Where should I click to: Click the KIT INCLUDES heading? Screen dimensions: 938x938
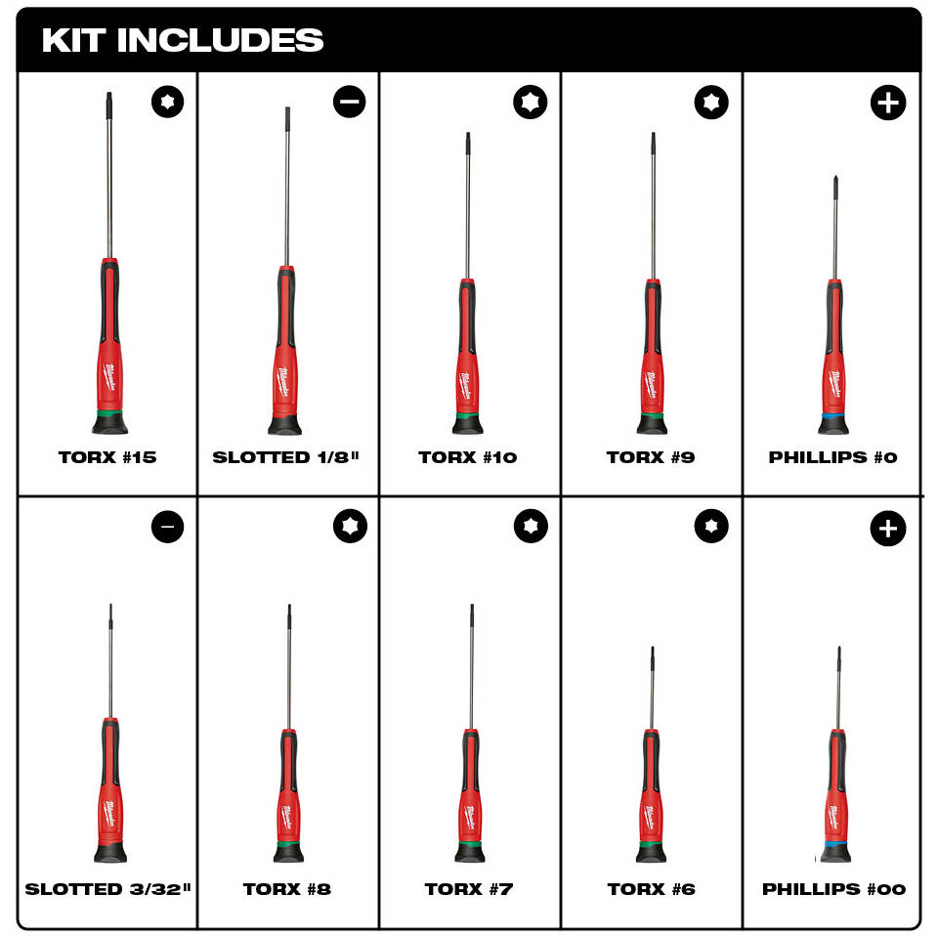pos(183,40)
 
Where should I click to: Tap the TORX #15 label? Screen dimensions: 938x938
pos(107,457)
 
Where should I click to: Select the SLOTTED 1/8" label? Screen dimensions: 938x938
pos(286,457)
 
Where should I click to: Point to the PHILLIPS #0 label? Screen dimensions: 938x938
pos(832,457)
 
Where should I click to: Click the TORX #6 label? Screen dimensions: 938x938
pos(652,889)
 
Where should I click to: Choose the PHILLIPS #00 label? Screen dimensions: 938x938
pos(833,889)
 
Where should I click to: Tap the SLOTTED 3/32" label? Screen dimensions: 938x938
pos(107,889)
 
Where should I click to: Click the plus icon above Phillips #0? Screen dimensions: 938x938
pos(888,103)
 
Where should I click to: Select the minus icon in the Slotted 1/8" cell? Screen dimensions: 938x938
pos(350,101)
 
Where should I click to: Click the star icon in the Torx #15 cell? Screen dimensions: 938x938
pos(167,101)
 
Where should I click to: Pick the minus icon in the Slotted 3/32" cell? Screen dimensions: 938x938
pos(167,527)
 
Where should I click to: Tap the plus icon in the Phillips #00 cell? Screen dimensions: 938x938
pos(888,529)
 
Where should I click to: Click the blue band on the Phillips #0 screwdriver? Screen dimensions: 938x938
pos(833,416)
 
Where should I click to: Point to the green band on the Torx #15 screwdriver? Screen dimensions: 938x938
pos(109,413)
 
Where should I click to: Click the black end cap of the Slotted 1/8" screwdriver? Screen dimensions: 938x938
pos(284,424)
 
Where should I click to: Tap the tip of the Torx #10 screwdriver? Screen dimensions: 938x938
pos(468,134)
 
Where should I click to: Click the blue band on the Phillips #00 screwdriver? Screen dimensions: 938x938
pos(835,843)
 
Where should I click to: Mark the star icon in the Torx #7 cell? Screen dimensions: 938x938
pos(531,526)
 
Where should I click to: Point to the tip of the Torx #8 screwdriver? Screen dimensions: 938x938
pos(289,606)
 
